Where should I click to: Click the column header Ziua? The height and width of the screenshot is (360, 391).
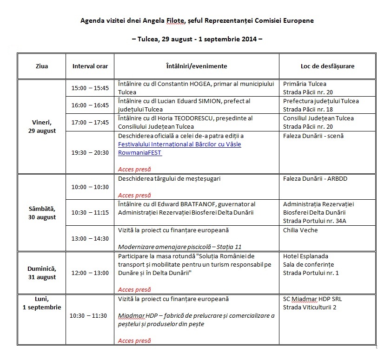point(41,66)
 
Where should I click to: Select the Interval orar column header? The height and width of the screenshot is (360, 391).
point(90,66)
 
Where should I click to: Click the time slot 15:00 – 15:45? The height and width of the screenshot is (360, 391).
point(90,88)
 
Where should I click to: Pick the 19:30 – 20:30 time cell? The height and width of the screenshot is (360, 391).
point(90,152)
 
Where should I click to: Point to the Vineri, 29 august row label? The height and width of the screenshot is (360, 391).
point(41,126)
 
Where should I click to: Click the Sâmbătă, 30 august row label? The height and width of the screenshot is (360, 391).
point(41,213)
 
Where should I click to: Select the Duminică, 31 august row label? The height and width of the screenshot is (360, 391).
point(41,273)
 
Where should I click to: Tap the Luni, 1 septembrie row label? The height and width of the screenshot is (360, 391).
point(41,303)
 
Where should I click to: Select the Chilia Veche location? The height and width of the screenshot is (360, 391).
point(300,230)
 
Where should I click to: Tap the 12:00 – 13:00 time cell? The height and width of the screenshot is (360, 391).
point(90,273)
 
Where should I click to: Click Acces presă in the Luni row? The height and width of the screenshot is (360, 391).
point(134,340)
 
